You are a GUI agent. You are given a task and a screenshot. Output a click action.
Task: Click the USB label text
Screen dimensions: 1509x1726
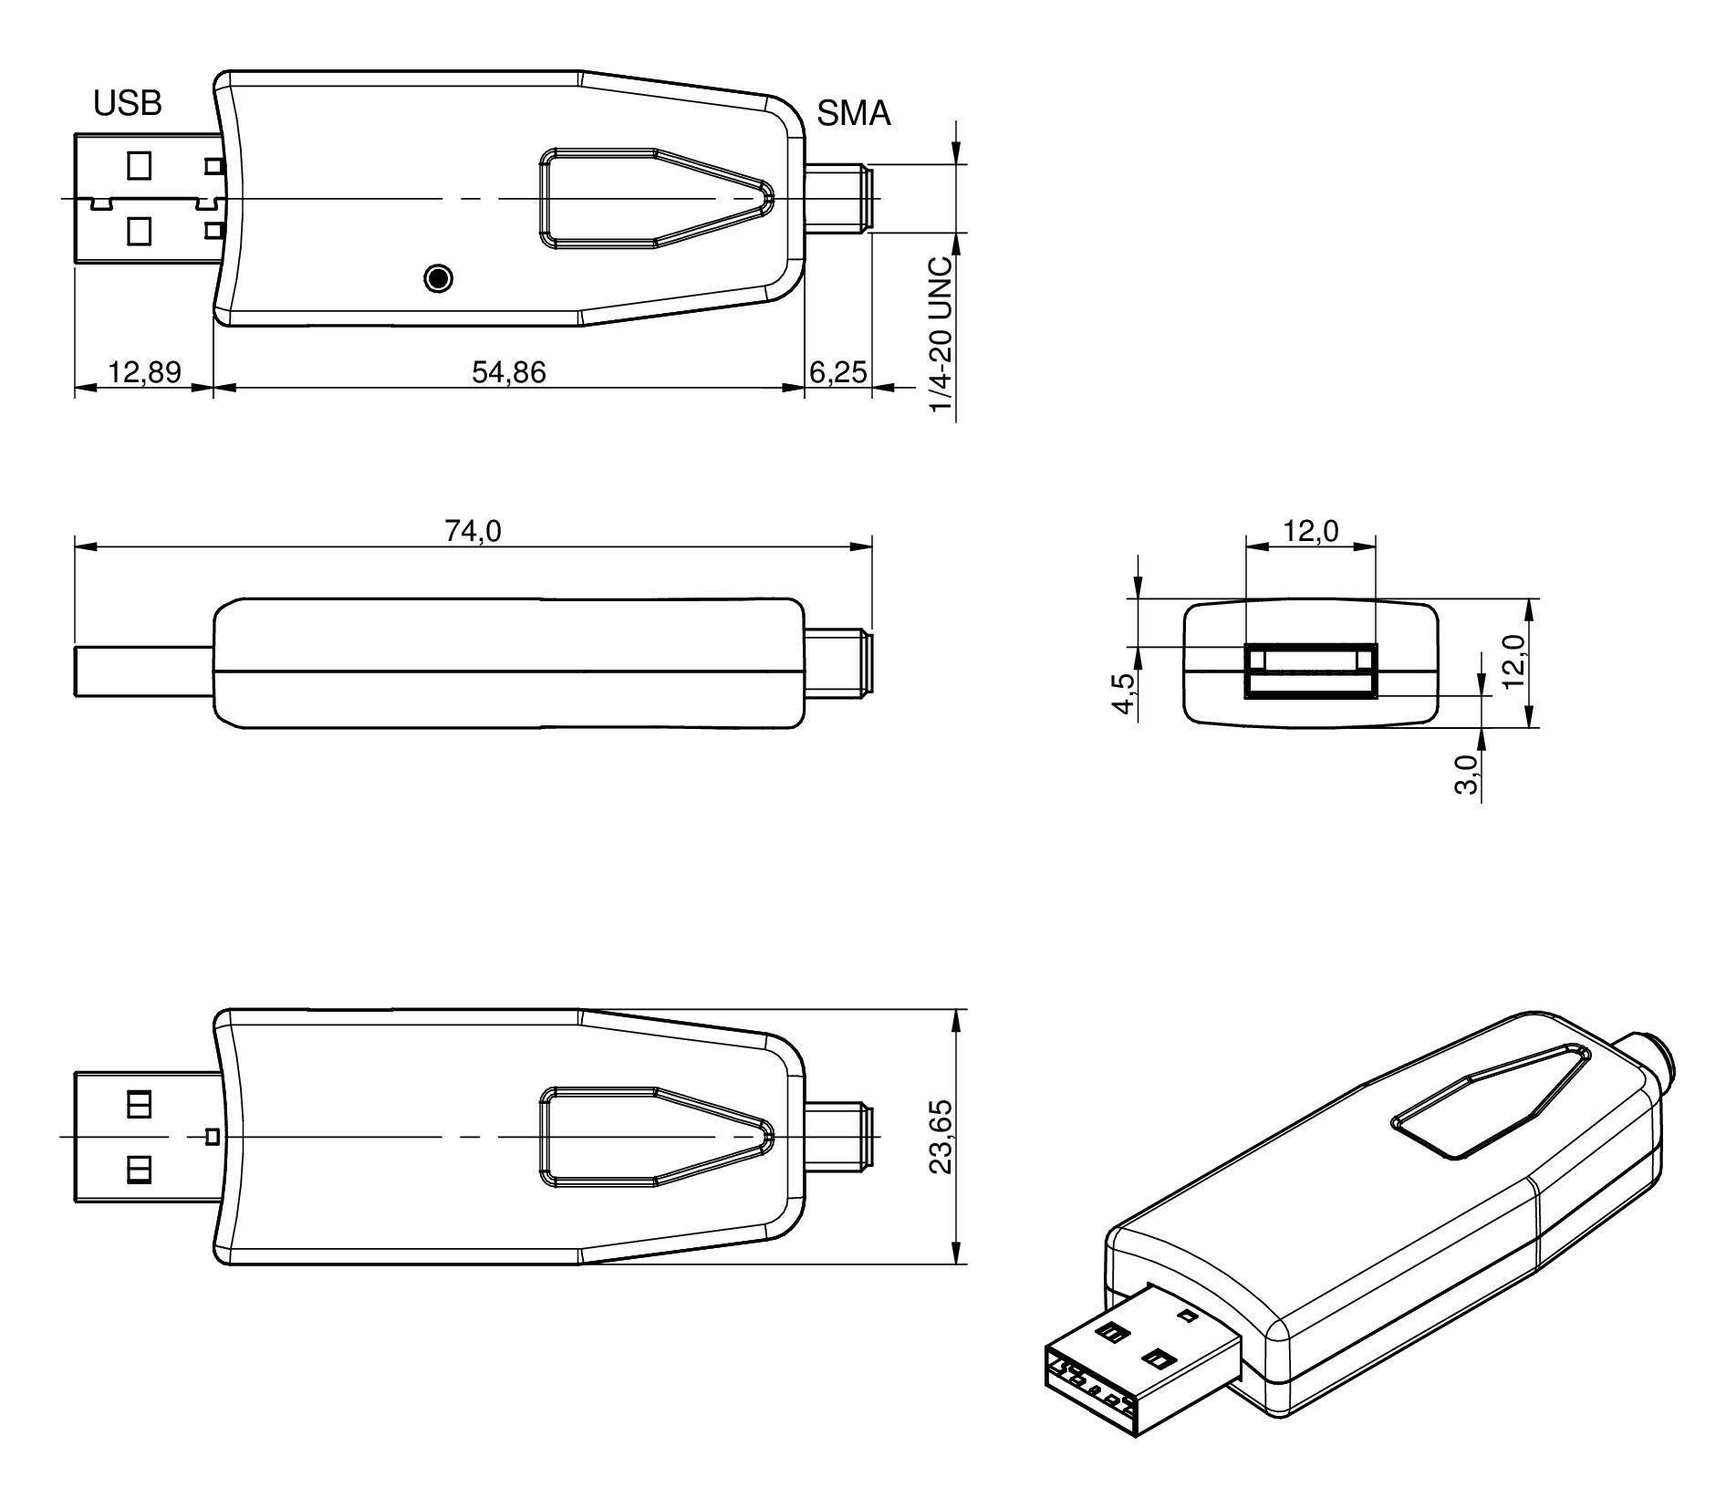(x=128, y=104)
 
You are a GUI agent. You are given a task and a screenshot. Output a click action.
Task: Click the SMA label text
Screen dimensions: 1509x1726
(x=853, y=114)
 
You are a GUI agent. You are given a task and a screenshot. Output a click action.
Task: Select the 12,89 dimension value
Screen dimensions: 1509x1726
(x=144, y=372)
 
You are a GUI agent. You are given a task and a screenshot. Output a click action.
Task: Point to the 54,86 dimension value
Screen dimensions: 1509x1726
(x=508, y=372)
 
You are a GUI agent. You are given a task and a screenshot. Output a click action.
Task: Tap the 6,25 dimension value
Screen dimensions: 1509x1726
(x=837, y=372)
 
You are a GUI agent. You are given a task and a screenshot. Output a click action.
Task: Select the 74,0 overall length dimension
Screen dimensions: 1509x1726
(x=473, y=531)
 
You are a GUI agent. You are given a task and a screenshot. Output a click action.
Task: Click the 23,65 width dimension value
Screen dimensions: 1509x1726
(x=941, y=1136)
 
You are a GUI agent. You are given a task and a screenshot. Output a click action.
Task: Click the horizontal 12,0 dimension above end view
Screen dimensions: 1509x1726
(x=1311, y=531)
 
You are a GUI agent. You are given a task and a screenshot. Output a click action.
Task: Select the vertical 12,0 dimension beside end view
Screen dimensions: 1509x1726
(x=1514, y=662)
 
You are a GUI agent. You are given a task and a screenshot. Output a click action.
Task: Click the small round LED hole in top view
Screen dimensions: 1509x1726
(x=439, y=277)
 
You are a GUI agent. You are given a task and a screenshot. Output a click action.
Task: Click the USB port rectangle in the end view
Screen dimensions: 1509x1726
(x=1310, y=671)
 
